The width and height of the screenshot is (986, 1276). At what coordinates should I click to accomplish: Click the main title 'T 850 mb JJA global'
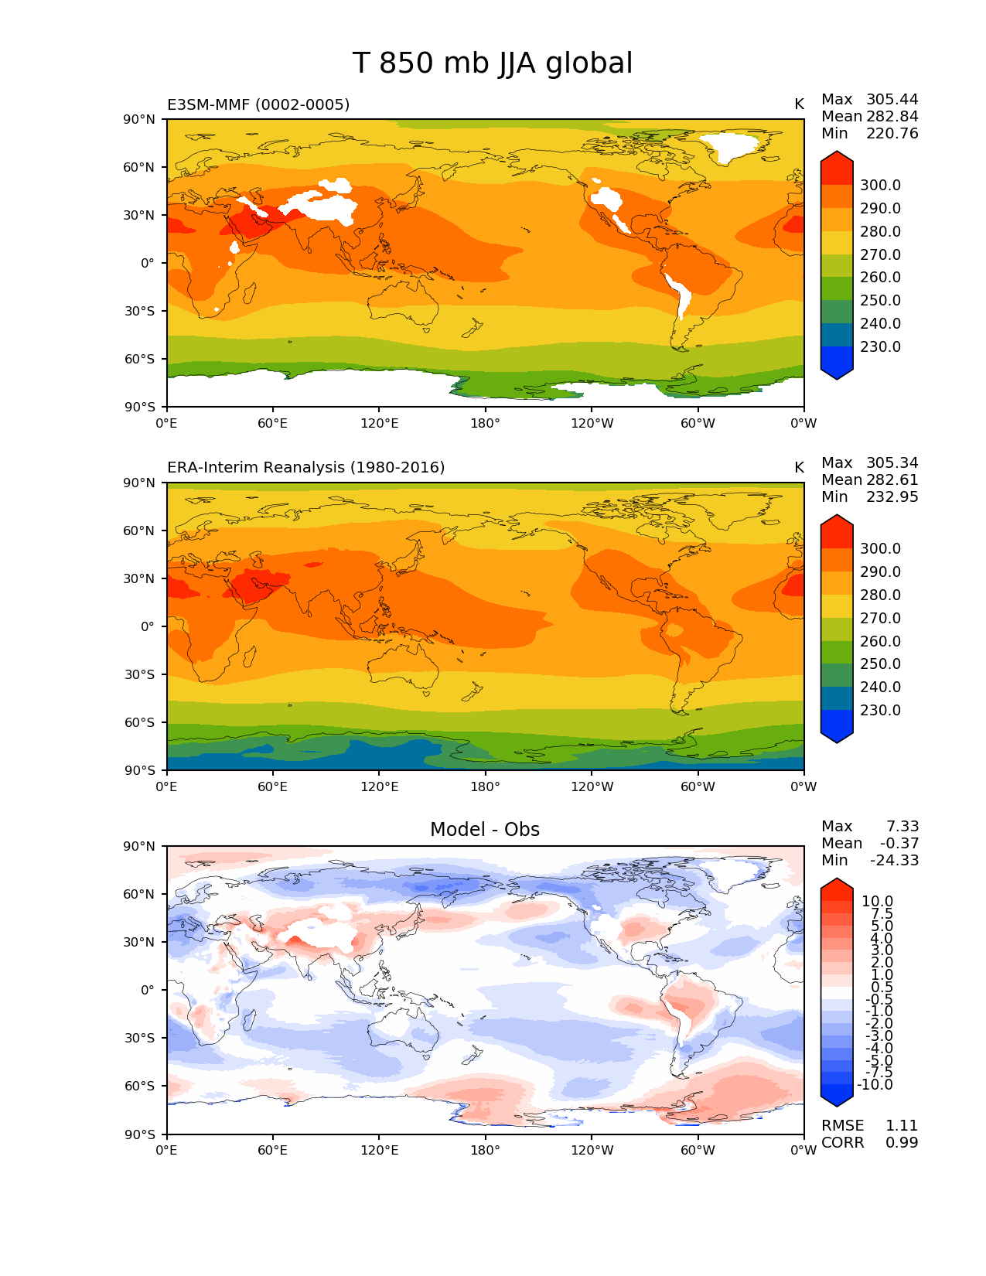click(493, 63)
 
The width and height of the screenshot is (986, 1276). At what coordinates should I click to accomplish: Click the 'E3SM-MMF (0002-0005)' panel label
click(258, 104)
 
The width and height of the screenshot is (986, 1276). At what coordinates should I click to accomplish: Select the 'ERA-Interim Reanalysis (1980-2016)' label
click(305, 468)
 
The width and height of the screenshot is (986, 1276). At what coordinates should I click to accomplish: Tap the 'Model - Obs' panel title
click(485, 830)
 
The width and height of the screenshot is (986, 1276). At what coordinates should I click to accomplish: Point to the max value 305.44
click(892, 100)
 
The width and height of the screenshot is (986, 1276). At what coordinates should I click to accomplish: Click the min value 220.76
click(892, 134)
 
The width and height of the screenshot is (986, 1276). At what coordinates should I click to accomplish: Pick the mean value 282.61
click(892, 480)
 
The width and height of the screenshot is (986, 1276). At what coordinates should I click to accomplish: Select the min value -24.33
click(894, 861)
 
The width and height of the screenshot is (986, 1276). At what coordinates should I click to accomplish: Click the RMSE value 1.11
click(901, 1126)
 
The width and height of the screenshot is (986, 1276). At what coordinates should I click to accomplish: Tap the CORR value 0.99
click(901, 1143)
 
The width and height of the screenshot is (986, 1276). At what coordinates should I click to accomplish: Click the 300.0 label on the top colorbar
click(880, 186)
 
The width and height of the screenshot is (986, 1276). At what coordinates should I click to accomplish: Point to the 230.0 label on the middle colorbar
click(880, 711)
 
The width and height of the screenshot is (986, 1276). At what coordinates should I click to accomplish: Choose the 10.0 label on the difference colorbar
click(877, 902)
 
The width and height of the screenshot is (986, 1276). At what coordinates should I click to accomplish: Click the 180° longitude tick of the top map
click(485, 424)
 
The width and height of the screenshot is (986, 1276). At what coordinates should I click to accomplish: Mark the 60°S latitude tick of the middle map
click(141, 722)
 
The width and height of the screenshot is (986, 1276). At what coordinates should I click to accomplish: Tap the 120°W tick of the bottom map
click(592, 1151)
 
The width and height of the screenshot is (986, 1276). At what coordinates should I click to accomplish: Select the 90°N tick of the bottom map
click(141, 846)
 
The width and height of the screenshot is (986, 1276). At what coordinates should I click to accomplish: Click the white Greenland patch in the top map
click(729, 145)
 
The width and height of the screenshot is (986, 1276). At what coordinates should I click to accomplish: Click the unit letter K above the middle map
click(799, 468)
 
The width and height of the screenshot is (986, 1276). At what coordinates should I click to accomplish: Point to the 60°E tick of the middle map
click(273, 787)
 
